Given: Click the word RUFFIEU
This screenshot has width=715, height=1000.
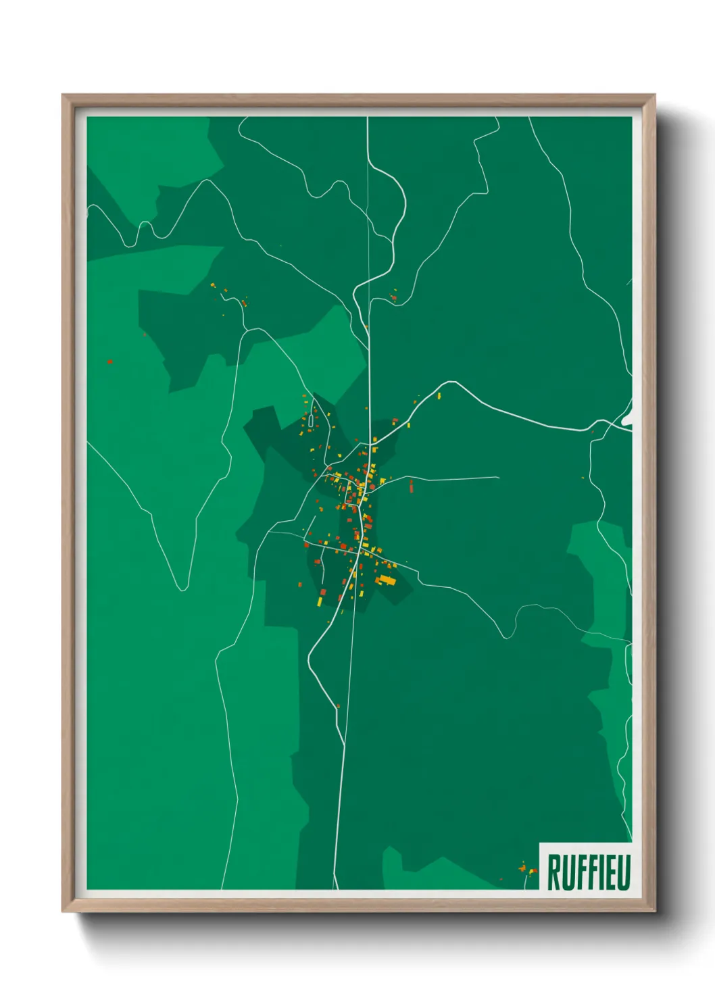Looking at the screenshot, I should (x=589, y=872).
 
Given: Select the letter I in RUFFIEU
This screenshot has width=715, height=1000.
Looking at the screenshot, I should (x=597, y=872).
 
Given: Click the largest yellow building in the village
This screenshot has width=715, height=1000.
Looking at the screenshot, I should (x=387, y=580).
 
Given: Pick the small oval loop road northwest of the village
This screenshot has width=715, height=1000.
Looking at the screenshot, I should (x=310, y=420).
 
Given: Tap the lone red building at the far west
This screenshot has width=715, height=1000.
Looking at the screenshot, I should (x=109, y=361).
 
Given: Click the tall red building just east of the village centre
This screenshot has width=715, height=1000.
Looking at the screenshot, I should (x=411, y=485).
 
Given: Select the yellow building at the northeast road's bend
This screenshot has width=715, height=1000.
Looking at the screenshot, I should (x=439, y=396).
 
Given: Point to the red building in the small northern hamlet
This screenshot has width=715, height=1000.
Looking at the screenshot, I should (x=393, y=297).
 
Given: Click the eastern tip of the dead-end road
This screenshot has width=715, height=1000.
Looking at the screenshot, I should (x=498, y=478).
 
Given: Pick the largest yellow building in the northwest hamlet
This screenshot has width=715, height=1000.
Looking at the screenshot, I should (x=212, y=286).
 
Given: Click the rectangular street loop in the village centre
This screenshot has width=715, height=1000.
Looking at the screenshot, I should (x=353, y=495).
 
